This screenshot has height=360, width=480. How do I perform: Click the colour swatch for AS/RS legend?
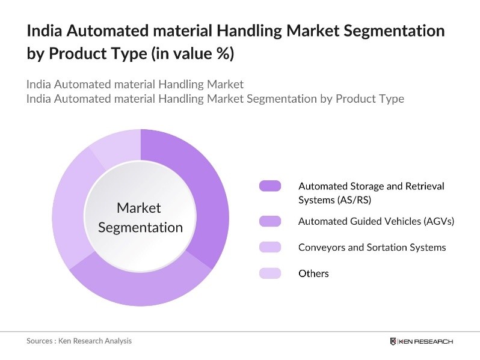coord(270,186)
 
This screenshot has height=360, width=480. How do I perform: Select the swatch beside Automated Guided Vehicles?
coord(270,221)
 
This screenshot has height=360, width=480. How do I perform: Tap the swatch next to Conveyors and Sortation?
coord(270,247)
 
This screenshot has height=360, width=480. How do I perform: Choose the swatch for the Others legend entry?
coord(270,273)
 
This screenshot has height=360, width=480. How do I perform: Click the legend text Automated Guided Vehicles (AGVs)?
coord(376,221)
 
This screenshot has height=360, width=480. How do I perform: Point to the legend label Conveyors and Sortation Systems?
coord(372,247)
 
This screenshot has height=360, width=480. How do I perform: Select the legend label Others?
coord(313,273)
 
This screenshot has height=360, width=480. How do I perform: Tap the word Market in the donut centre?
coord(139,208)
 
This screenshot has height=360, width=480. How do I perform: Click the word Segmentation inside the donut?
coord(140,227)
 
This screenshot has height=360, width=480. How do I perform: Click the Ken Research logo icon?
coord(393,341)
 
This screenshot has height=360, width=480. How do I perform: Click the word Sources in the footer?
coord(40,341)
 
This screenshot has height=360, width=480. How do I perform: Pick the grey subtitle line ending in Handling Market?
coord(135,84)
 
